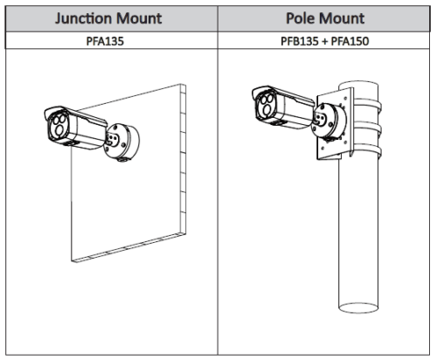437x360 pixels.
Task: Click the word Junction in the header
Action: coord(82,18)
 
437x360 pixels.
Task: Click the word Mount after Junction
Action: coord(137,18)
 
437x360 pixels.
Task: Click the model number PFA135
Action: coord(105,41)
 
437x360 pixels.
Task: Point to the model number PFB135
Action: coord(300,41)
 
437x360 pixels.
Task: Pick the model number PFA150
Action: coord(350,41)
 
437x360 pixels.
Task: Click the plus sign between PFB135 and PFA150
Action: coord(325,41)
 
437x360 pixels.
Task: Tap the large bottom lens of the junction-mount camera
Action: coord(59,130)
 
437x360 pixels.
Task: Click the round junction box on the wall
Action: coord(121,142)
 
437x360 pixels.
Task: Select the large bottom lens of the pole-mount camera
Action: coord(267,109)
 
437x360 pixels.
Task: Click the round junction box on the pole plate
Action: coord(329,121)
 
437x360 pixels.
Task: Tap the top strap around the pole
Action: coord(368,106)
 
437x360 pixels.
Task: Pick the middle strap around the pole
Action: coord(368,128)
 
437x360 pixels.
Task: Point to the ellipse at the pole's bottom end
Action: coord(358,308)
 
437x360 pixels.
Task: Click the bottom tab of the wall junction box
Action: coord(123,159)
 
